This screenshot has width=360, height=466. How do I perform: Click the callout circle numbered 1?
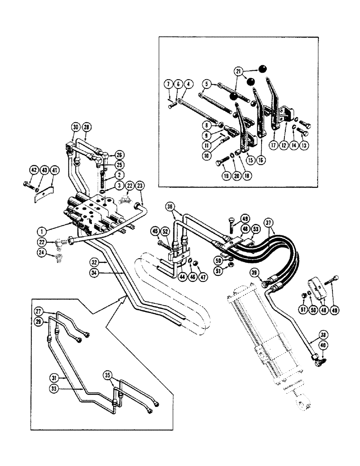click(42, 230)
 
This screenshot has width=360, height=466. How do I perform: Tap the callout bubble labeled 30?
click(76, 127)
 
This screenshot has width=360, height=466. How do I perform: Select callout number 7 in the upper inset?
click(167, 84)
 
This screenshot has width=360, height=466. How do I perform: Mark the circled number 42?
click(34, 171)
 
